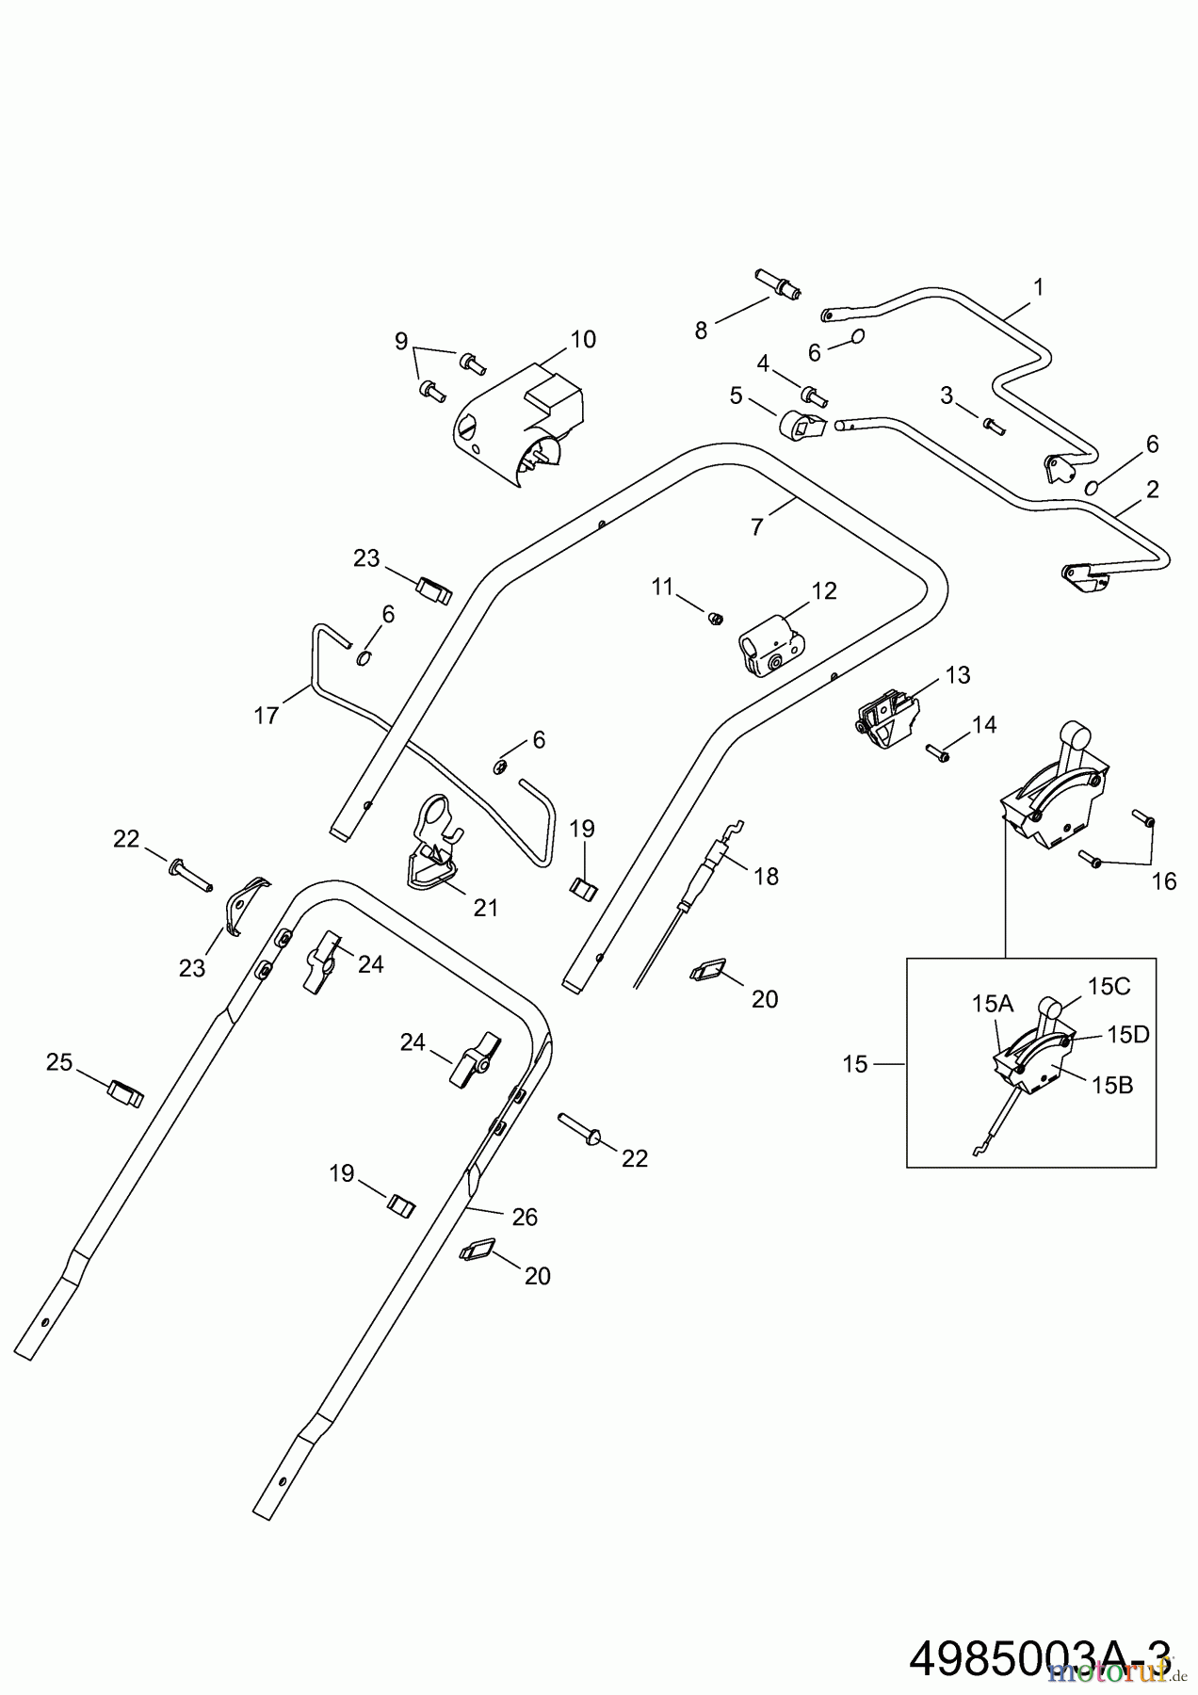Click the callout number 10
pyautogui.click(x=583, y=340)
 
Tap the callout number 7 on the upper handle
pyautogui.click(x=757, y=527)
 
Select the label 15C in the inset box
pyautogui.click(x=1109, y=986)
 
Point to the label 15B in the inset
pyautogui.click(x=1112, y=1085)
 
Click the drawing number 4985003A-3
pyautogui.click(x=1041, y=1659)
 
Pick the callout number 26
pyautogui.click(x=525, y=1217)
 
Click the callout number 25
pyautogui.click(x=59, y=1062)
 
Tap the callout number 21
pyautogui.click(x=486, y=908)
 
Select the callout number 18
pyautogui.click(x=767, y=876)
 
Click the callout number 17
pyautogui.click(x=267, y=716)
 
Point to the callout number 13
pyautogui.click(x=958, y=675)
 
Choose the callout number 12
pyautogui.click(x=824, y=591)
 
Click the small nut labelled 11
pyautogui.click(x=715, y=618)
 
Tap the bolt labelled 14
pyautogui.click(x=938, y=751)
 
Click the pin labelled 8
pyautogui.click(x=777, y=283)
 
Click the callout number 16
pyautogui.click(x=1164, y=880)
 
